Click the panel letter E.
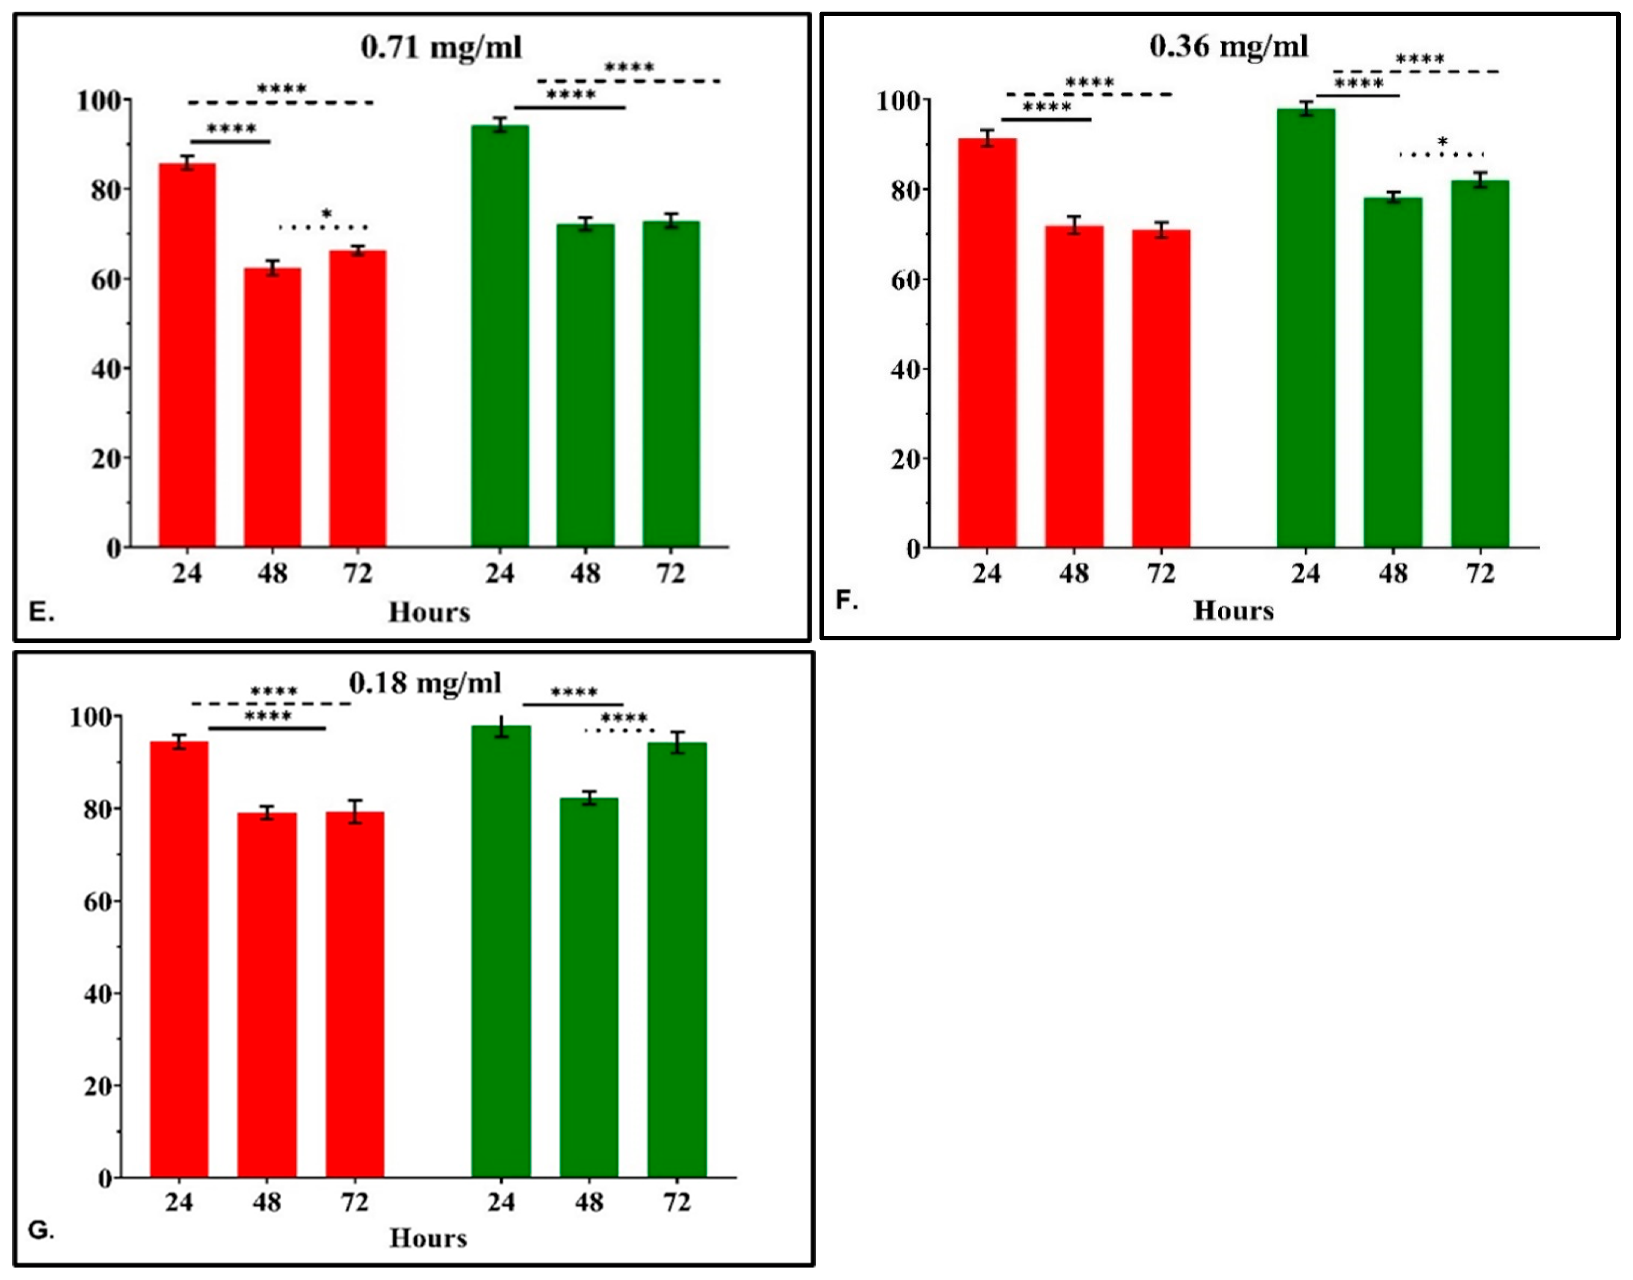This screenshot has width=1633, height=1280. click(41, 612)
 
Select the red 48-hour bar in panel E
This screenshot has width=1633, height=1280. click(272, 408)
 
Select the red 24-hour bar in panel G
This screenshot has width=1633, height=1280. click(179, 959)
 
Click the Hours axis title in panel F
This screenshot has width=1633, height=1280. click(1233, 611)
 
